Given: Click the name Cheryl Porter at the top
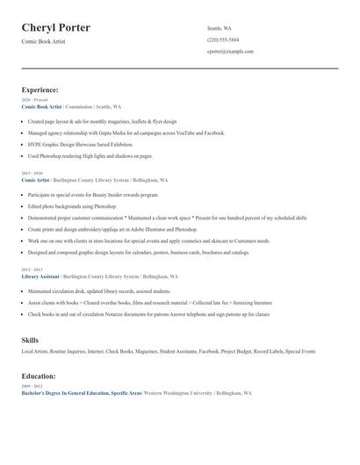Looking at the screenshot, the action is [x=56, y=28].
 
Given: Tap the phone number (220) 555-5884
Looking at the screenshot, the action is [x=223, y=39].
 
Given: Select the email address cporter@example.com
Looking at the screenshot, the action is [x=230, y=52].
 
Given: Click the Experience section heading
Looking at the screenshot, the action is [x=40, y=89].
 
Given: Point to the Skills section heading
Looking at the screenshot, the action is [x=30, y=339].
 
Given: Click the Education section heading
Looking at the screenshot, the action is [x=40, y=376].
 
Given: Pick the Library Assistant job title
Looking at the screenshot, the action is [x=40, y=276].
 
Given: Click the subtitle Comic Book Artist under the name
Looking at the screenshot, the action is [x=45, y=42].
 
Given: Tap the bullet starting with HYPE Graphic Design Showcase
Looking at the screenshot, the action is [x=81, y=144].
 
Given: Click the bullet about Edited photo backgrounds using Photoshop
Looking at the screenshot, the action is [x=72, y=206].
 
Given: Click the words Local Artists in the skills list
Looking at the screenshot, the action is [x=34, y=351].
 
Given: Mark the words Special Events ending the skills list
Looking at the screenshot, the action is [x=300, y=351].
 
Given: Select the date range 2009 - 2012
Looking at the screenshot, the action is [x=31, y=386].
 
